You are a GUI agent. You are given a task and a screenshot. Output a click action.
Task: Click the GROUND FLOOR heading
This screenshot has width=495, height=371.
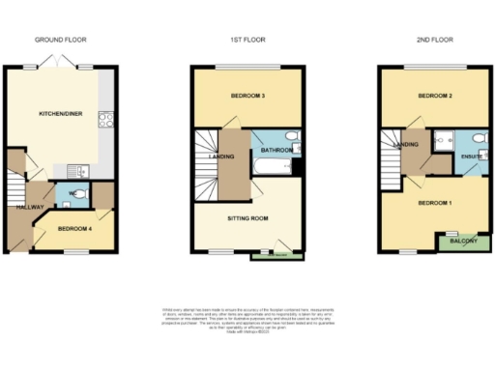pos(60,41)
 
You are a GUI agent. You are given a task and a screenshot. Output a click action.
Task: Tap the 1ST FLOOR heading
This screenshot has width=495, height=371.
pos(247,41)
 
